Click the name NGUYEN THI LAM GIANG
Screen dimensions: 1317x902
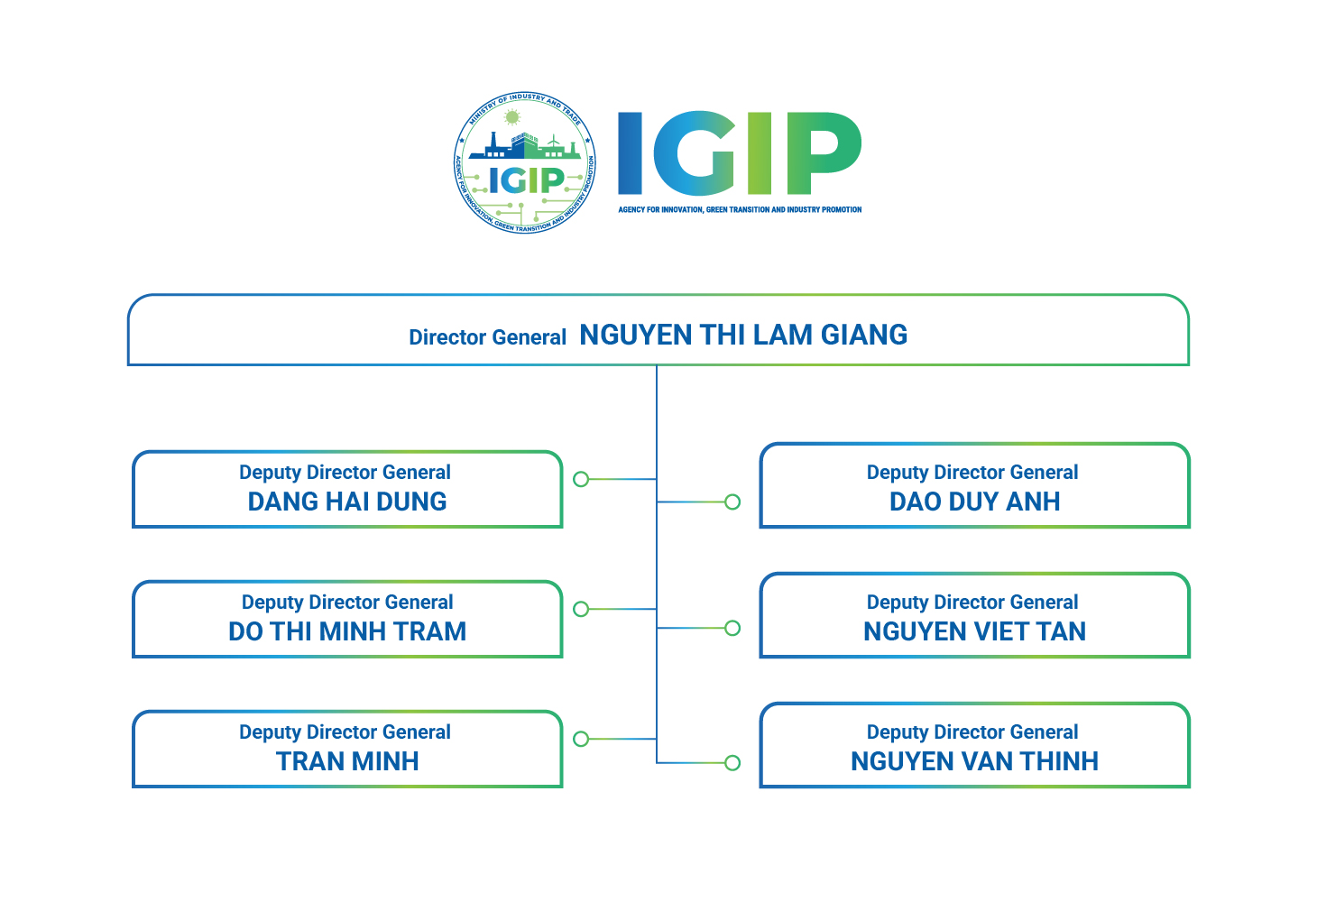coord(743,336)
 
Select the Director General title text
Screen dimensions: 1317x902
coord(487,337)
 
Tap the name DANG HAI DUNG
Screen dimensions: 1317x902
coord(347,502)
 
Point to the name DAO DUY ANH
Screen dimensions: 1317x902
coord(974,502)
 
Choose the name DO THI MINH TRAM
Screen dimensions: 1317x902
coord(347,631)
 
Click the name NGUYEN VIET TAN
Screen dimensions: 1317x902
coord(974,631)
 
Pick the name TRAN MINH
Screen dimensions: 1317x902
coord(347,761)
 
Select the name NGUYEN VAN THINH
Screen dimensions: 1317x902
coord(974,761)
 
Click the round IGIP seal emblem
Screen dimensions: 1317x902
coord(525,163)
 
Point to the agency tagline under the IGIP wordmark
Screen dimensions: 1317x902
coord(740,210)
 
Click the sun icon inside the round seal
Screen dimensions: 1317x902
coord(512,117)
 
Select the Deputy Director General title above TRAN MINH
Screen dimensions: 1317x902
coord(345,732)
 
